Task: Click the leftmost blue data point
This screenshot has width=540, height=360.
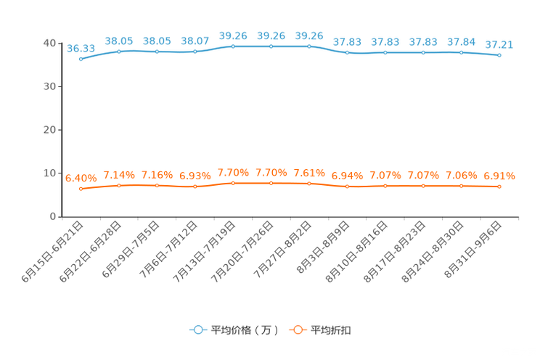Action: click(x=81, y=59)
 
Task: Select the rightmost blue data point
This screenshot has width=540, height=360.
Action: click(x=499, y=55)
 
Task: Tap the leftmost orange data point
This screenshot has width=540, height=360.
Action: click(x=81, y=189)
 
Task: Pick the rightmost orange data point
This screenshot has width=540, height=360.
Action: click(x=499, y=187)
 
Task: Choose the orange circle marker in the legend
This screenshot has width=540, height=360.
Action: click(x=298, y=330)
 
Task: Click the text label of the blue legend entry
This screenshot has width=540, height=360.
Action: click(x=244, y=330)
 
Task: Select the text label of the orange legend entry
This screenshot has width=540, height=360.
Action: click(x=331, y=330)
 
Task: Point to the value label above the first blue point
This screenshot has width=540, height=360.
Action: click(x=81, y=48)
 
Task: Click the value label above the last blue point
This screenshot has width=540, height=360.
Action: click(x=499, y=44)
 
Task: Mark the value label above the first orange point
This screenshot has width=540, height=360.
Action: click(x=81, y=177)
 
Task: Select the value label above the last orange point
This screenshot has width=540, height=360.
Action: click(x=499, y=175)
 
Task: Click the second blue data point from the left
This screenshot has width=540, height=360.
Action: click(x=119, y=52)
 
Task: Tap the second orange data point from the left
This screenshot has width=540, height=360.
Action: click(x=119, y=186)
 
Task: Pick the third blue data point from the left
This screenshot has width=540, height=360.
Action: click(x=157, y=52)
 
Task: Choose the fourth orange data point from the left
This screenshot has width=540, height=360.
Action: click(x=195, y=187)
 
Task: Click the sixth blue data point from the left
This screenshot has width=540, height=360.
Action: click(x=271, y=46)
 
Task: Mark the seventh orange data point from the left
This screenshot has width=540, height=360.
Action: click(x=309, y=184)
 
